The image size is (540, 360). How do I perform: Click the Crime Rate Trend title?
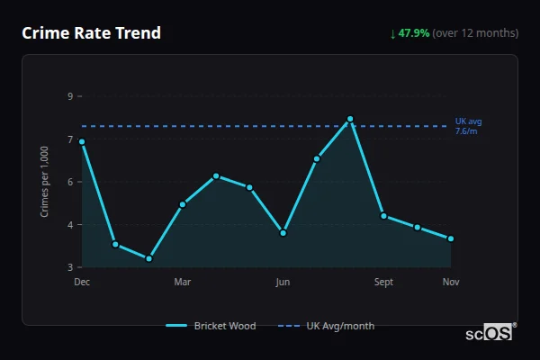pos(92,33)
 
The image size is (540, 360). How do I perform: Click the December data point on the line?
pos(82,141)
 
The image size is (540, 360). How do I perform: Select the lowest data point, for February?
pos(148,259)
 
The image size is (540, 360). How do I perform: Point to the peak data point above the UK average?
pos(350,119)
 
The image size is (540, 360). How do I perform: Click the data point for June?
pos(283,233)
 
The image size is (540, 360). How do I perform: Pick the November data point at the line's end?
pos(451,238)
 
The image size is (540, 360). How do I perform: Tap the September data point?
pos(383,215)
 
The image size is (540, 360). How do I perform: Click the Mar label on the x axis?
pos(183,283)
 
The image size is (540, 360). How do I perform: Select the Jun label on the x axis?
pos(283,283)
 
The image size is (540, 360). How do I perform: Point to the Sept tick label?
pos(383,283)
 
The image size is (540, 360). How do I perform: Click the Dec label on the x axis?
pos(82,283)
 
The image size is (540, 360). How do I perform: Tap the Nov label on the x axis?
pos(451,283)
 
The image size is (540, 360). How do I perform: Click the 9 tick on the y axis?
pos(69,96)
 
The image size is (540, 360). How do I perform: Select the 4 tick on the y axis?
pos(69,225)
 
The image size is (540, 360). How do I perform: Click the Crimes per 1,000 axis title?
pos(45,182)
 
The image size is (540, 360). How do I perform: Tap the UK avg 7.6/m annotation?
pos(468,126)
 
